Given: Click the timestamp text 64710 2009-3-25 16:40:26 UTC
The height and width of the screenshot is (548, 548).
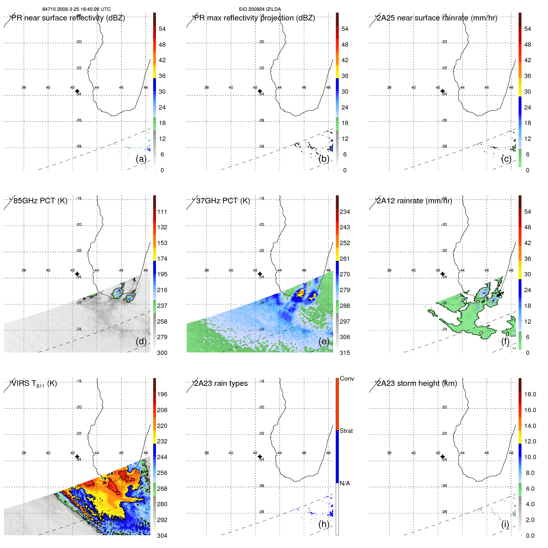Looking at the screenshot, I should click(x=76, y=9).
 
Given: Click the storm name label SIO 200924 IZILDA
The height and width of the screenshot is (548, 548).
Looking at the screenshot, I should click(x=260, y=9).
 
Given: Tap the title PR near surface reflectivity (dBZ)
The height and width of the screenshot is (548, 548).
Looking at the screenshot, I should click(x=68, y=18).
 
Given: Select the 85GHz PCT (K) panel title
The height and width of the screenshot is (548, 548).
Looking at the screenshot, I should click(x=40, y=201).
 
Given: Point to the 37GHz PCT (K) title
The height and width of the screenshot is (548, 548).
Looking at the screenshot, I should click(x=223, y=201).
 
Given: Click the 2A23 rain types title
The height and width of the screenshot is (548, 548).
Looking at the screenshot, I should click(x=221, y=383).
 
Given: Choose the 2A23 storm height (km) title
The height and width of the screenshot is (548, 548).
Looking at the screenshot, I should click(x=416, y=383).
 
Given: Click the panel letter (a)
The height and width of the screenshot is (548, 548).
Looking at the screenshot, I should click(x=141, y=159).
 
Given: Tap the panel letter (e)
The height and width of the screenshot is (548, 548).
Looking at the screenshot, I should click(x=324, y=341).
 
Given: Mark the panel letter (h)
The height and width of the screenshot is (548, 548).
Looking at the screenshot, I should click(x=324, y=524).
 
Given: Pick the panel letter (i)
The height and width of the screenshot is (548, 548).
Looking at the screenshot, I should click(x=505, y=524).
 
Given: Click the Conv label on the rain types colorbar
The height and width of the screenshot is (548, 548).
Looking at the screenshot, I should click(x=347, y=378).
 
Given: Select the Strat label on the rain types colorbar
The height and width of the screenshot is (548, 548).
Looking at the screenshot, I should click(x=346, y=431).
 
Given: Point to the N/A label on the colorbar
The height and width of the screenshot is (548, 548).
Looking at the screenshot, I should click(x=345, y=483).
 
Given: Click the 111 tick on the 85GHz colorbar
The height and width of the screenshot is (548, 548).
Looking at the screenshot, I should click(x=162, y=212).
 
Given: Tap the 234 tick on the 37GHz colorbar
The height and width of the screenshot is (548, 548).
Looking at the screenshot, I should click(x=345, y=212).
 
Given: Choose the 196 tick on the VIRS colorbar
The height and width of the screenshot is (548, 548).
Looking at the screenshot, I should click(x=162, y=394).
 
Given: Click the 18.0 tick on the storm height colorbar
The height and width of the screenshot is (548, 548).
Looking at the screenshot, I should click(x=530, y=394).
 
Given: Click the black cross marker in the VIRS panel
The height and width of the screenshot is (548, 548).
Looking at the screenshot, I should click(x=77, y=457).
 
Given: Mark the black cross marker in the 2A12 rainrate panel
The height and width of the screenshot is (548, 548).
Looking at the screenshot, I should click(x=442, y=274).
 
